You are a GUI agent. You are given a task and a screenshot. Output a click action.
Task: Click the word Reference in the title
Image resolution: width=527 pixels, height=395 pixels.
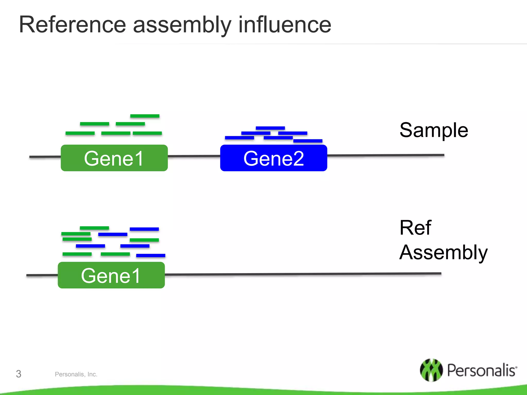72,25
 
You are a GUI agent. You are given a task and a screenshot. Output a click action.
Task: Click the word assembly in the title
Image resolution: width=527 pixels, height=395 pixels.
182,25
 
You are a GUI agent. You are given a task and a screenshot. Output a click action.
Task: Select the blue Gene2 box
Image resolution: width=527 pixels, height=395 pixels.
274,158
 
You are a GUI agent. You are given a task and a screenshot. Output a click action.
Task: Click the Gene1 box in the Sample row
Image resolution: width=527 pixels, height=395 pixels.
114,158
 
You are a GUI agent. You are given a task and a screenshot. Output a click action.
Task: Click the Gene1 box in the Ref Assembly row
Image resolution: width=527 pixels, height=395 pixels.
111,275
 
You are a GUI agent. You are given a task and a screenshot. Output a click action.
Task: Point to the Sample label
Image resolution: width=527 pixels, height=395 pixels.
434,130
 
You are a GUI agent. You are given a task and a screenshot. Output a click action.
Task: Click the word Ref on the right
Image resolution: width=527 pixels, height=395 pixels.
415,228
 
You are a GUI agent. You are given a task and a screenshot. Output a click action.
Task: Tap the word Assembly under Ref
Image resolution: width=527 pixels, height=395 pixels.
443,253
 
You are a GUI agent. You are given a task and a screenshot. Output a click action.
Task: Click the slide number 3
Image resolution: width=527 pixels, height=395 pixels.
19,374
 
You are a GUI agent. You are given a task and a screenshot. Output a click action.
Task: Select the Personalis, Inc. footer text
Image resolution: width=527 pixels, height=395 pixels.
76,374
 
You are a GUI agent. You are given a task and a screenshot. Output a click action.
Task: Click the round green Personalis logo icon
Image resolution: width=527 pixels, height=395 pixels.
431,370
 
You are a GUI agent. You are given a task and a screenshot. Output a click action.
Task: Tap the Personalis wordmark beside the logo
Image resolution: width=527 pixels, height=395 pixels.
481,370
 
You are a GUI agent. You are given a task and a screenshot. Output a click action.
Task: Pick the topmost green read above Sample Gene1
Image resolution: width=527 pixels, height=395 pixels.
145,116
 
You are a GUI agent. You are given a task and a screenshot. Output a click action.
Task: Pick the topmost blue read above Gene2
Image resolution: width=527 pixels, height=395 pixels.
270,128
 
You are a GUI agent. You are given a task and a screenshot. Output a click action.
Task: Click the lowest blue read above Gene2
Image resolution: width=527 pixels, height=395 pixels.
308,141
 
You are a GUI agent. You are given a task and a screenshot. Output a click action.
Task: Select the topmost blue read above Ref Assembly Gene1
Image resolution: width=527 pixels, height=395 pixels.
144,229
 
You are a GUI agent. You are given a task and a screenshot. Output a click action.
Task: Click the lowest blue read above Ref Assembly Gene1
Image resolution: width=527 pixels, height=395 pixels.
151,255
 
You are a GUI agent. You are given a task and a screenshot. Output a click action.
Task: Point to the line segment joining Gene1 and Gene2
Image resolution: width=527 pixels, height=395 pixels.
194,156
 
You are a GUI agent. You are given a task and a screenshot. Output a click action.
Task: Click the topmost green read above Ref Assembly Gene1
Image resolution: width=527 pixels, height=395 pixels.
94,228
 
